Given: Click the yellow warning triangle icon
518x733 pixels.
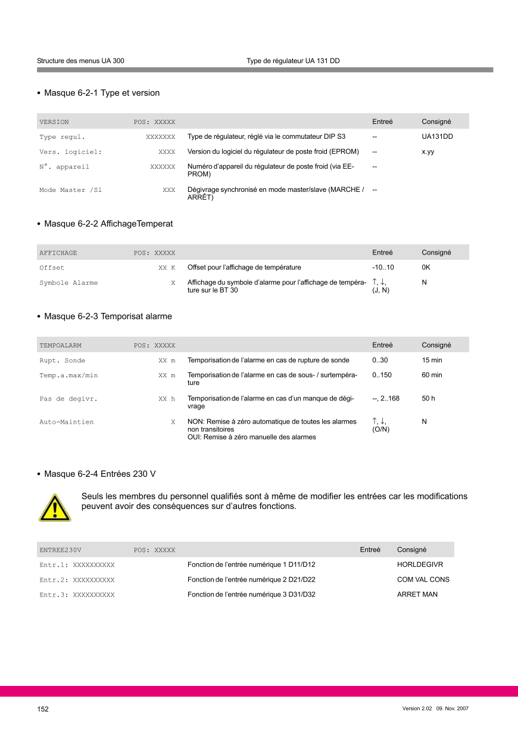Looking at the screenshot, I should pos(55,508).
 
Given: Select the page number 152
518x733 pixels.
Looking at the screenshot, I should pos(43,709).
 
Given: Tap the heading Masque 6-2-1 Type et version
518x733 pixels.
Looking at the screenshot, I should pos(102,93).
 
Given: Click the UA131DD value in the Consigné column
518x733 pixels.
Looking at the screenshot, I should pos(437,136).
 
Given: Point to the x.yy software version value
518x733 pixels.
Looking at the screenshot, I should pos(427,152).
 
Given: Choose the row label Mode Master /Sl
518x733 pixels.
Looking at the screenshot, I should pos(70,190).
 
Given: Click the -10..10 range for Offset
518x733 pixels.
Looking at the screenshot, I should pos(383,268).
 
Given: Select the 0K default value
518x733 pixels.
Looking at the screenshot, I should pos(426,268).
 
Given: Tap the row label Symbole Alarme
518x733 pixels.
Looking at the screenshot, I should pos(68,283).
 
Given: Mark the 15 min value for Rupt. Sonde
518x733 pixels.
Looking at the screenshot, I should pos(432,361).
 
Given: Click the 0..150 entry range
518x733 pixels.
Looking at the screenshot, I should pos(382,375).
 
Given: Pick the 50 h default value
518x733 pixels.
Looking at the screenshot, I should pos(428,399).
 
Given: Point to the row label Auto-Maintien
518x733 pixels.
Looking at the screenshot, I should pos(66,422).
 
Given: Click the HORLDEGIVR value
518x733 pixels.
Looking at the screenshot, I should pos(420,565).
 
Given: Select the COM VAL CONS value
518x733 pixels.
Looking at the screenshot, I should pos(423,580).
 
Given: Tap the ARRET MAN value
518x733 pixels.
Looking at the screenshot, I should pos(417,595).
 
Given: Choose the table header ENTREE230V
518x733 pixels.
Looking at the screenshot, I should pos(60,550).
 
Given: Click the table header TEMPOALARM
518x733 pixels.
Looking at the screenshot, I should pos(60,346).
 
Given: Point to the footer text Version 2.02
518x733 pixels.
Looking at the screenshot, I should pos(417,709).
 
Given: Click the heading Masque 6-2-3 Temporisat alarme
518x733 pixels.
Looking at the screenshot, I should pos(108,316).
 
